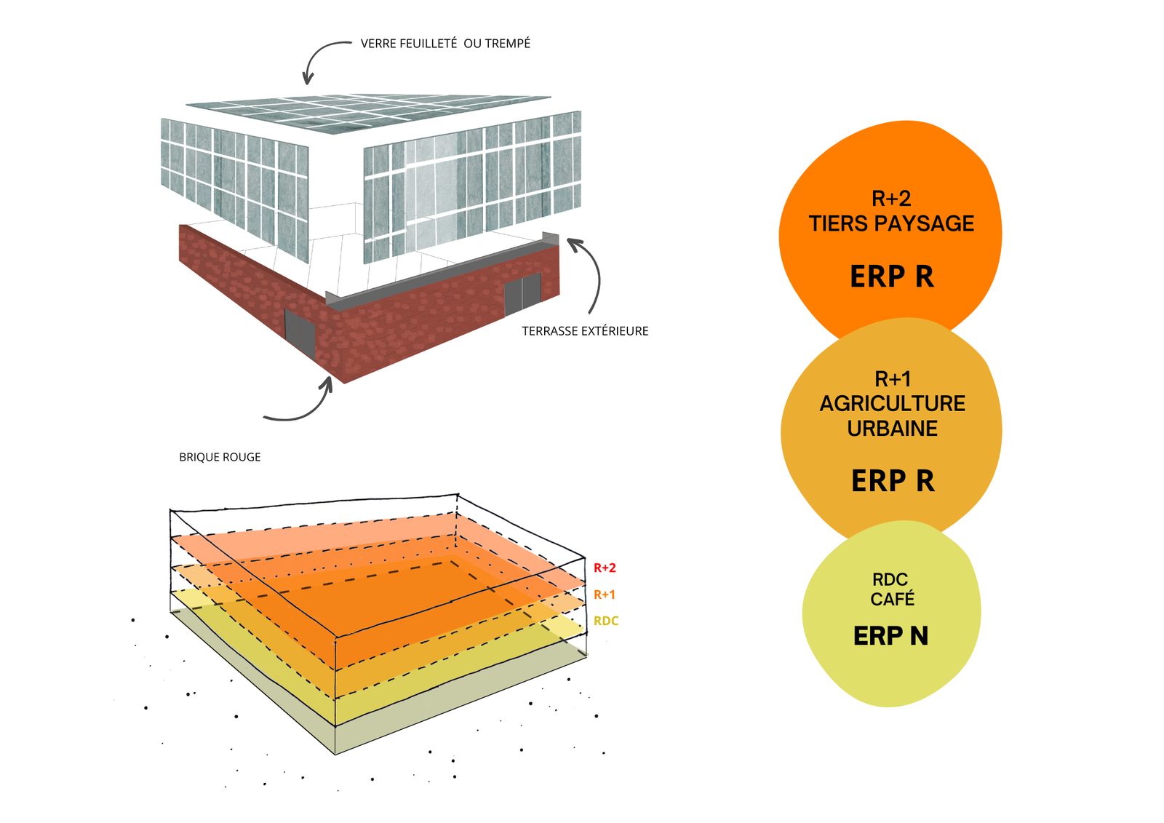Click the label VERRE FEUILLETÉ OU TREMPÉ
pyautogui.click(x=445, y=44)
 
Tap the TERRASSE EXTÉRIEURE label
pyautogui.click(x=585, y=331)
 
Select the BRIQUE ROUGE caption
pyautogui.click(x=220, y=457)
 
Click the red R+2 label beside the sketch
pyautogui.click(x=605, y=568)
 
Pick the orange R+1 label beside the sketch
pyautogui.click(x=605, y=595)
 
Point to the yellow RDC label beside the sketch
pyautogui.click(x=606, y=621)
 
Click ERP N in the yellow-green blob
pyautogui.click(x=890, y=636)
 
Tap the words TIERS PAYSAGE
pyautogui.click(x=891, y=223)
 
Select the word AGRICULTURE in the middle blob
pyautogui.click(x=892, y=404)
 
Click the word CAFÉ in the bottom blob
pyautogui.click(x=892, y=599)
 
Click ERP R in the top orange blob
pyautogui.click(x=892, y=276)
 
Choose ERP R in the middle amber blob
pyautogui.click(x=893, y=481)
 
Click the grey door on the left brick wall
pyautogui.click(x=300, y=332)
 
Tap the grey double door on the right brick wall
pyautogui.click(x=523, y=294)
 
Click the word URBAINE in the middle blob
pyautogui.click(x=892, y=429)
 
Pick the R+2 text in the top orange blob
pyautogui.click(x=891, y=199)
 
